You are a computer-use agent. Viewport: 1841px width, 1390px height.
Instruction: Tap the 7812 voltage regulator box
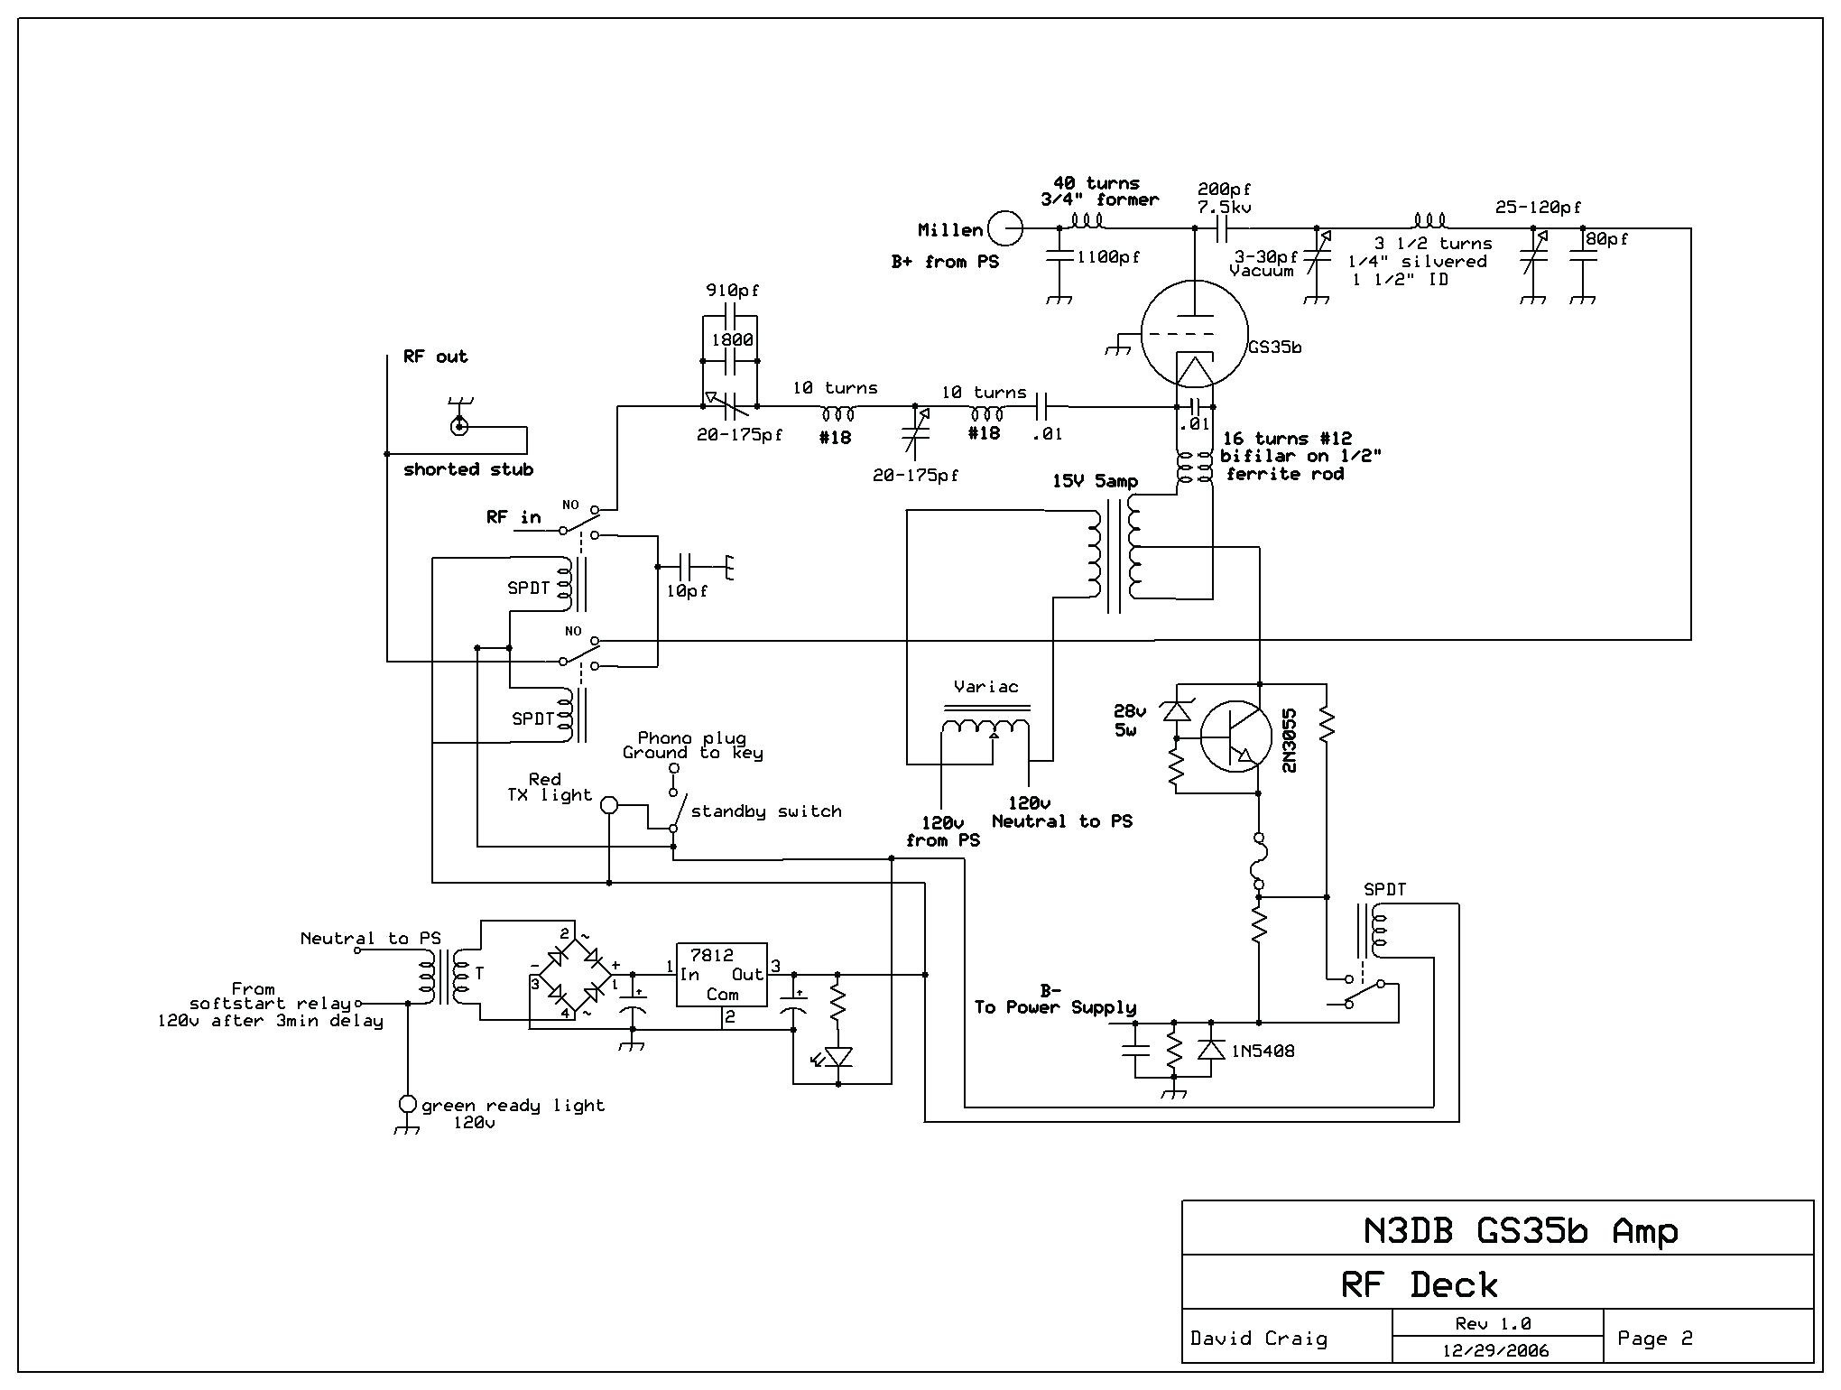[x=722, y=975]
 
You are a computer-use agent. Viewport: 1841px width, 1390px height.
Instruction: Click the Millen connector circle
[x=1005, y=228]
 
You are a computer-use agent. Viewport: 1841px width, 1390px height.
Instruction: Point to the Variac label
[x=986, y=687]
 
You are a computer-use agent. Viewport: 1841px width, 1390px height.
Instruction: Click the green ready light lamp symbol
[x=407, y=1104]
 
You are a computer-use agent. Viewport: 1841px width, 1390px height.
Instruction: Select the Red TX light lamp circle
[x=609, y=804]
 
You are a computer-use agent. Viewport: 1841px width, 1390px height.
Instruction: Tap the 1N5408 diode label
[x=1261, y=1051]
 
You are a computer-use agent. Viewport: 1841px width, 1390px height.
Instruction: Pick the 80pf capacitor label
[x=1607, y=239]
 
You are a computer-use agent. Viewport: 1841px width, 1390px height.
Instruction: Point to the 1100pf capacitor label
[x=1108, y=257]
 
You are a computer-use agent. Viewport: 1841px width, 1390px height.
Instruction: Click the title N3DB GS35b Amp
[x=1520, y=1231]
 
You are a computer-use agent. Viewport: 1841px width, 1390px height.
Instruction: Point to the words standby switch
[x=766, y=811]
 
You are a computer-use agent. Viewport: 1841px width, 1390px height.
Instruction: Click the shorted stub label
[x=468, y=469]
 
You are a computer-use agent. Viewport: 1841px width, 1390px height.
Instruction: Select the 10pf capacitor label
[x=687, y=591]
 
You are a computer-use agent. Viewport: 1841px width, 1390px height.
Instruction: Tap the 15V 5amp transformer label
[x=1095, y=482]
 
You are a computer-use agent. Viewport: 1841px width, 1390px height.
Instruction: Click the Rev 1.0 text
[x=1493, y=1324]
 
